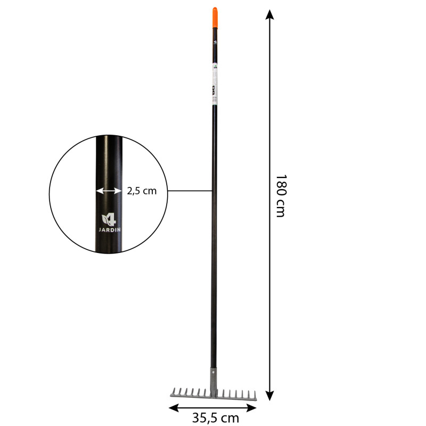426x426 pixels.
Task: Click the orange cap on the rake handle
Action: point(214,17)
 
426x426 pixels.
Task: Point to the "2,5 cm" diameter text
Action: point(142,191)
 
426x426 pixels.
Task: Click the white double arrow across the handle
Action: point(109,191)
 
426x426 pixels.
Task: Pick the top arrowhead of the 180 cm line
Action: point(270,13)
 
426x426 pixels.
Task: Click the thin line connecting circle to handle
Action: point(189,190)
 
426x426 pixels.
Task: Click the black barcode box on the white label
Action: point(214,91)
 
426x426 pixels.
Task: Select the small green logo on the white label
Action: point(214,68)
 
